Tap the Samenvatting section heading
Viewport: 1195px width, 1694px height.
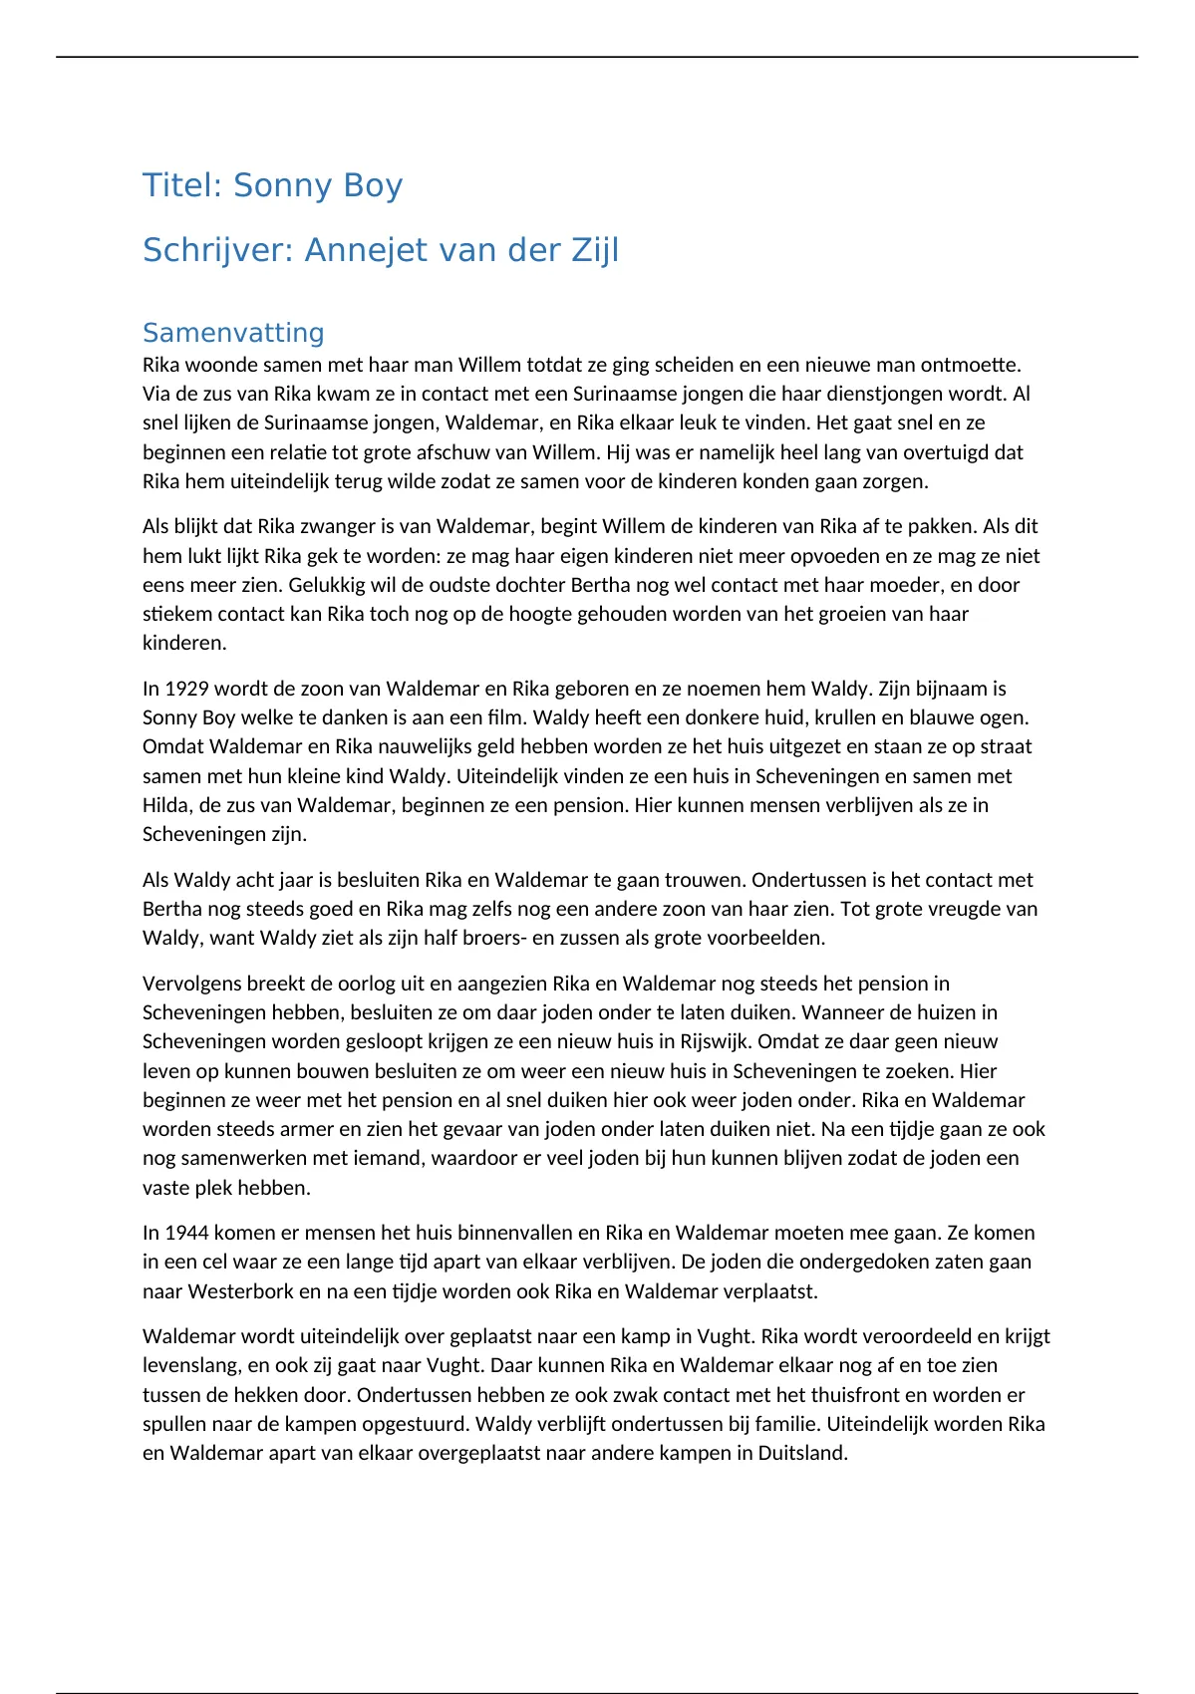point(233,333)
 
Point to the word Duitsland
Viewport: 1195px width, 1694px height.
point(800,1453)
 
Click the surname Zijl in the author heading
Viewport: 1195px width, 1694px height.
point(595,250)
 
